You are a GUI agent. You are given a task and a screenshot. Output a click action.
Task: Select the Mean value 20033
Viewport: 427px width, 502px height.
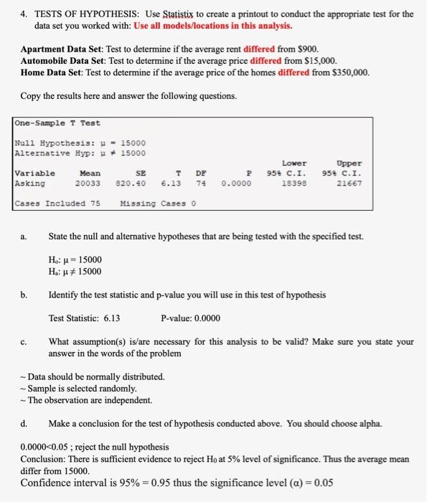click(x=90, y=184)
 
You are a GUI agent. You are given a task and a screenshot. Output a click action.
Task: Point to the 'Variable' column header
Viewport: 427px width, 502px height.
click(x=34, y=173)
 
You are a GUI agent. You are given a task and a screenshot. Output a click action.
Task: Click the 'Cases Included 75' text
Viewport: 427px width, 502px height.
click(x=57, y=204)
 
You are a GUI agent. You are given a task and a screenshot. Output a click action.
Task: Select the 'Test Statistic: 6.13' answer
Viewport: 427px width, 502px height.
click(x=84, y=318)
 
